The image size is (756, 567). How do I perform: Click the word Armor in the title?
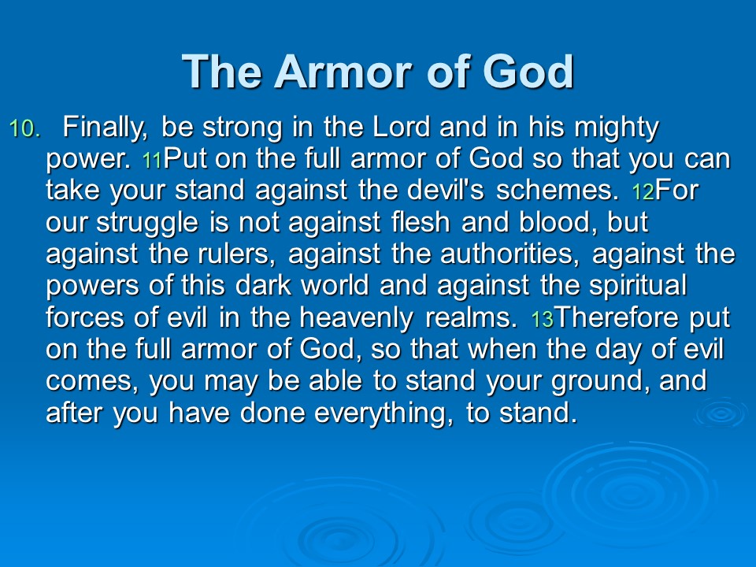click(x=343, y=72)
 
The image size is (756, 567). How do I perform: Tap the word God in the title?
click(x=528, y=72)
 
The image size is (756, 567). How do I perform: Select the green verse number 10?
click(x=25, y=128)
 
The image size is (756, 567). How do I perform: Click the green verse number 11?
click(x=152, y=161)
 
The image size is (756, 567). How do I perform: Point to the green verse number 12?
click(x=643, y=192)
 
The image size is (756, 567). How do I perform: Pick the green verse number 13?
click(x=543, y=320)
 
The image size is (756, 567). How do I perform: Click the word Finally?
click(x=105, y=128)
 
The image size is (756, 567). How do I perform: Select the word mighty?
click(x=616, y=128)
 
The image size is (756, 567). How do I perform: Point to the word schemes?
click(x=558, y=190)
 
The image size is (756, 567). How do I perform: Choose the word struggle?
click(x=147, y=224)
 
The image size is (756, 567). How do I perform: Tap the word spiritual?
click(x=637, y=287)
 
